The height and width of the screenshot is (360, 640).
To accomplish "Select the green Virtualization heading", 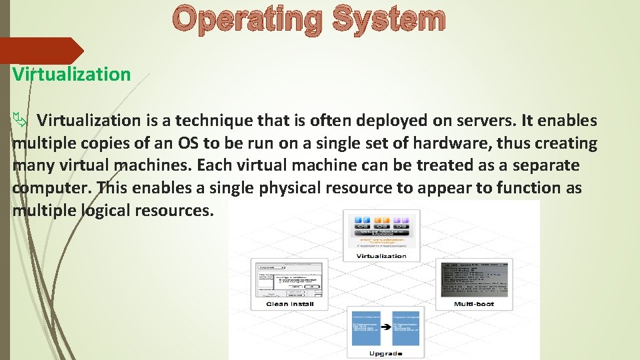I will [71, 74].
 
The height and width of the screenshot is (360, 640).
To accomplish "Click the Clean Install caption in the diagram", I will [290, 304].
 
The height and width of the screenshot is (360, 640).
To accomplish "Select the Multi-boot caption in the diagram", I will [473, 304].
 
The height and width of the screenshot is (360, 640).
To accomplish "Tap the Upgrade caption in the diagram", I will [385, 353].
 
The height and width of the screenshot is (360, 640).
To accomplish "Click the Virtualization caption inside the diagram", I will [381, 256].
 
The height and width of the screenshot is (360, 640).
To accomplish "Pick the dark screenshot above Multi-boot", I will [474, 278].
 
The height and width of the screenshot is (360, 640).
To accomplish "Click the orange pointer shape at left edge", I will [41, 51].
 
